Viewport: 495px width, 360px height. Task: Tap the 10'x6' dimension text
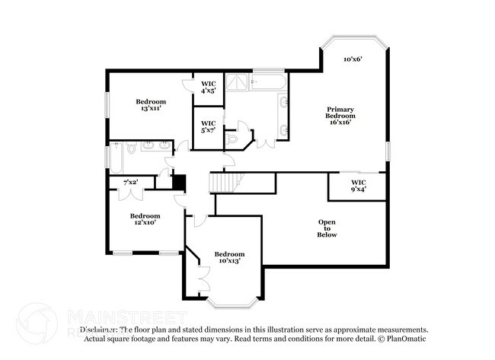pyautogui.click(x=351, y=59)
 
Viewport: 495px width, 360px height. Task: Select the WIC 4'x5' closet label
pyautogui.click(x=208, y=87)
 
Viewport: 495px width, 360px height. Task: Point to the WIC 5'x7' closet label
pyautogui.click(x=208, y=126)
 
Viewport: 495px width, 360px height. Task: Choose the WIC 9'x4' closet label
pyautogui.click(x=358, y=186)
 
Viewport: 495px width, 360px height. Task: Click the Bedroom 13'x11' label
pyautogui.click(x=151, y=105)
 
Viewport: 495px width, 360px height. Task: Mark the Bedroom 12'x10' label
pyautogui.click(x=145, y=219)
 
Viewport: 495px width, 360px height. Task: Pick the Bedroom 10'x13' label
pyautogui.click(x=228, y=257)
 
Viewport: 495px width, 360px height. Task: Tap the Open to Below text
pyautogui.click(x=327, y=228)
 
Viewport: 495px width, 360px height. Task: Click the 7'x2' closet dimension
pyautogui.click(x=130, y=182)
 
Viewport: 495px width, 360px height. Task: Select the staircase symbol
pyautogui.click(x=225, y=182)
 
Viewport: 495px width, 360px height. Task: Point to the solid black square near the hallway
pyautogui.click(x=180, y=183)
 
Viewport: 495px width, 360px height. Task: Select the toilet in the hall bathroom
pyautogui.click(x=131, y=150)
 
